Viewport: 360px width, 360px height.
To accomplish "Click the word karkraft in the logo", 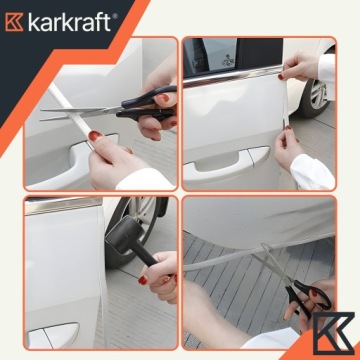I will (x=73, y=19).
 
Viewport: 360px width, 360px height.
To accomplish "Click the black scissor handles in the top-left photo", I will (x=140, y=103).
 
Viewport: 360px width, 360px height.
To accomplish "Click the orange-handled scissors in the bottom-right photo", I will (x=305, y=295).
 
